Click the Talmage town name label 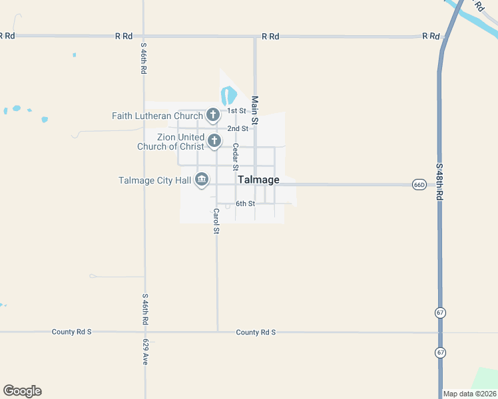[x=258, y=180]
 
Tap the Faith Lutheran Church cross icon [x=213, y=116]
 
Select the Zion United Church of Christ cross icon [x=214, y=141]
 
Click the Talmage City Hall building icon [x=202, y=180]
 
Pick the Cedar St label [x=236, y=157]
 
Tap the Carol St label [x=216, y=221]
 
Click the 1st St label [x=237, y=110]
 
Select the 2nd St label [x=238, y=128]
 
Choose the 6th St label [x=245, y=203]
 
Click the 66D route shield [x=419, y=184]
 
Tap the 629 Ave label [x=145, y=352]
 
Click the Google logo [x=22, y=391]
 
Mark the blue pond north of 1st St [x=228, y=95]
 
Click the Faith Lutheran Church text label [x=157, y=116]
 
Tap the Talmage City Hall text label [x=155, y=180]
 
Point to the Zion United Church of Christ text [x=170, y=142]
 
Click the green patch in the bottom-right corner [x=486, y=378]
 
